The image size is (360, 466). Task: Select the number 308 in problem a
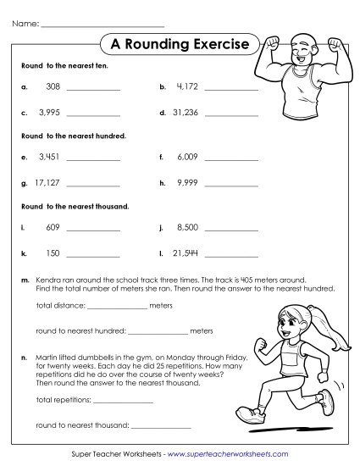point(53,87)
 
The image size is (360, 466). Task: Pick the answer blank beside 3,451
point(93,159)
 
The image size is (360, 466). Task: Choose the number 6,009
point(186,158)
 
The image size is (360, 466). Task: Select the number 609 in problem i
point(53,228)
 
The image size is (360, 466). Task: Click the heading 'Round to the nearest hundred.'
point(73,136)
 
